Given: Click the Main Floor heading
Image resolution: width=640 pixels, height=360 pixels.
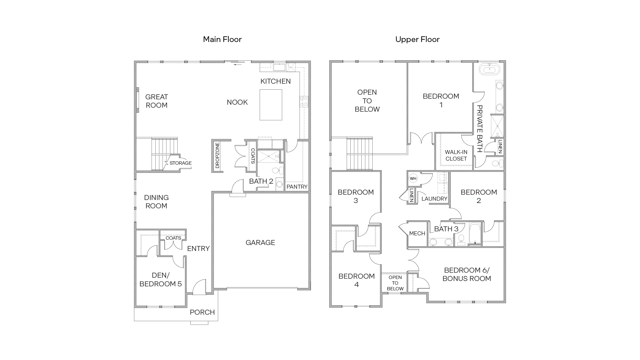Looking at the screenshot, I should pos(222,39).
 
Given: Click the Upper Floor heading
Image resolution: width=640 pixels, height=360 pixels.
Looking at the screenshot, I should pos(417,39).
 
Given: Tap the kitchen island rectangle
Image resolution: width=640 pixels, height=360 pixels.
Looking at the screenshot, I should pos(271,105).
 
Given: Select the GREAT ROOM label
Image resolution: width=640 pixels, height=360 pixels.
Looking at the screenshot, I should pos(157,101).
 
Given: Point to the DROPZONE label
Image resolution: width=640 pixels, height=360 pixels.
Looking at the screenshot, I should pos(217,155).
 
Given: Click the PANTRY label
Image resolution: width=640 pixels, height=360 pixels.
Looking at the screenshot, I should pos(297,187).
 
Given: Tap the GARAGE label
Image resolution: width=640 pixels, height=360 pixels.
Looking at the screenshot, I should pos(260,243).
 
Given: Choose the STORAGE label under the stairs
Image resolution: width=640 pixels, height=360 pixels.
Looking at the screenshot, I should pos(180,163).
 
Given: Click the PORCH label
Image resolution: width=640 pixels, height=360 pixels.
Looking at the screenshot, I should pos(202,312).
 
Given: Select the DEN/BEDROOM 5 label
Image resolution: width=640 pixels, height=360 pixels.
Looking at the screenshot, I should pos(161,280).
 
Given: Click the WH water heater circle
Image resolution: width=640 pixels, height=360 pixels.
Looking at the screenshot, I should pos(413,178).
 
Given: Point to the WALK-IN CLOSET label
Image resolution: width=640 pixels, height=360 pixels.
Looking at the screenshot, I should pos(456,155).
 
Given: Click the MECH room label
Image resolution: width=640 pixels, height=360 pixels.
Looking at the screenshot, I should pos(417,233).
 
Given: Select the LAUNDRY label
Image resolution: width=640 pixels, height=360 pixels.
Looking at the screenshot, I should pos(434,199).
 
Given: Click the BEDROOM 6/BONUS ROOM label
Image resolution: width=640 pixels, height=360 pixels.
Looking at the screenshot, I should pos(467,274).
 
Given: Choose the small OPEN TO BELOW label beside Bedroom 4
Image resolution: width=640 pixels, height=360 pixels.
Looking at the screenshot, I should pos(395,283).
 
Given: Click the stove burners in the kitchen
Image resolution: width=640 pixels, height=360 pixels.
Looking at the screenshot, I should pos(304,101).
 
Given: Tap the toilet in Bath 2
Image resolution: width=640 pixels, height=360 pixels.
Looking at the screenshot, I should pos(276,171).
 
